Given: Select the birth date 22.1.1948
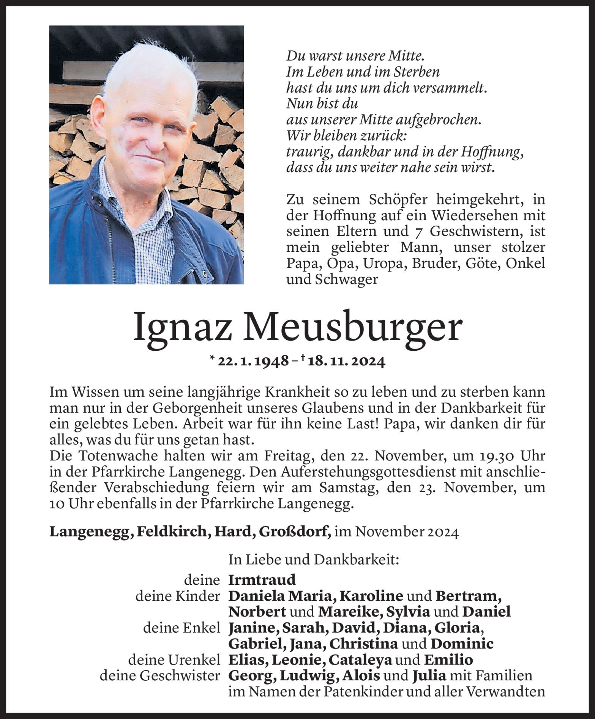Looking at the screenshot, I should click(253, 361).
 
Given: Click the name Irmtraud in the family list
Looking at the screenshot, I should click(262, 580).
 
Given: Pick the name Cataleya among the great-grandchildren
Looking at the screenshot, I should click(360, 660).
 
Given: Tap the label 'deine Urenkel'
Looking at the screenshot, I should click(174, 660).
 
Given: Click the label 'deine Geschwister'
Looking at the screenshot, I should click(160, 675).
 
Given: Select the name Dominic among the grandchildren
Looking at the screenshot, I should click(462, 644).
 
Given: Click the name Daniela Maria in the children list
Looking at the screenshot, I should click(281, 596).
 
